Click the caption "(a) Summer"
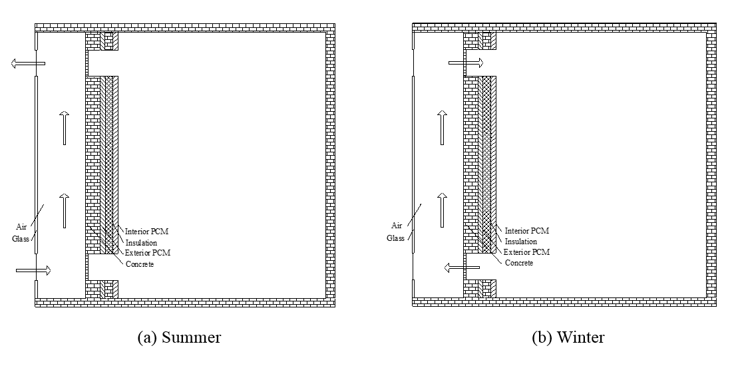(178, 337)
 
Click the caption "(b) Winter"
(568, 337)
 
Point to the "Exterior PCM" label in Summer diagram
(146, 253)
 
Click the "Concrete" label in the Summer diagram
(139, 264)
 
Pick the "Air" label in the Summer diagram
(25, 225)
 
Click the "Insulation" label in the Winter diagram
(520, 242)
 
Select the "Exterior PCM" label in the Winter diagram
(527, 252)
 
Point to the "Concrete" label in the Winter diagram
(519, 263)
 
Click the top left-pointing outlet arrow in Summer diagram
(27, 64)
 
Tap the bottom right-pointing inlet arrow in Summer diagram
(32, 270)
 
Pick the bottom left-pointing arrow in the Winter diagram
(461, 268)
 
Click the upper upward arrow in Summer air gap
(64, 128)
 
